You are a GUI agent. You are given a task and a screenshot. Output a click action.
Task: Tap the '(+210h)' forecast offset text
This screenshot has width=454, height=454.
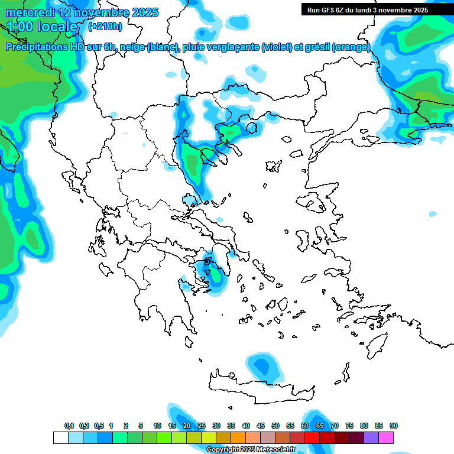[x=105, y=27]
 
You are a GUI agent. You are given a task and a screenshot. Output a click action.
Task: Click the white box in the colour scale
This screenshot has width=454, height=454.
[x=60, y=438]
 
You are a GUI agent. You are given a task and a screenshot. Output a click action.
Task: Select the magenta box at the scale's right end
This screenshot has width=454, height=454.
[x=386, y=438]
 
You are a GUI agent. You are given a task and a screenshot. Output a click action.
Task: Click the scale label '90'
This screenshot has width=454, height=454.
[x=394, y=426]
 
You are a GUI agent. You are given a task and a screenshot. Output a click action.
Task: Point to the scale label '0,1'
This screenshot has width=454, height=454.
[x=69, y=426]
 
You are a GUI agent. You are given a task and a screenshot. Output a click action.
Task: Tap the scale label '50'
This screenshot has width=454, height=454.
[x=275, y=426]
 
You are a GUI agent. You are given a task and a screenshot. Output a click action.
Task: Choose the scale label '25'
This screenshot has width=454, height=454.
[x=202, y=426]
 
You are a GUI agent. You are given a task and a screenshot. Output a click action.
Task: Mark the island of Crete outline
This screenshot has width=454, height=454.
[x=260, y=387]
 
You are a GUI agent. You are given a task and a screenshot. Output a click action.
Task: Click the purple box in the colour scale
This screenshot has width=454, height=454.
[x=371, y=438]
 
